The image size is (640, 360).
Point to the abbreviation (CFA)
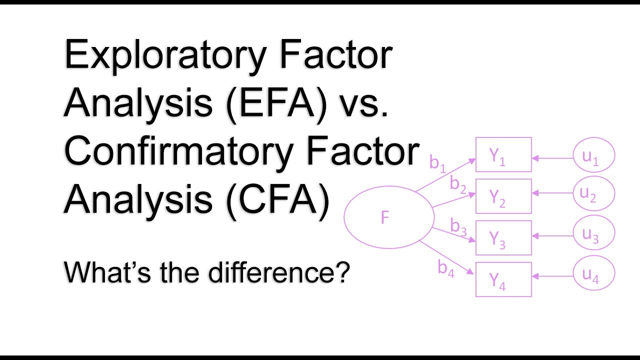point(277,198)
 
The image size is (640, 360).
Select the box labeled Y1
point(503,154)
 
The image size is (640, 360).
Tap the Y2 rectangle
point(503,196)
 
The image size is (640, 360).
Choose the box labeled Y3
point(503,238)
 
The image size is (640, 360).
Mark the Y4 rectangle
point(503,279)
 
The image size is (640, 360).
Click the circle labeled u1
point(593,156)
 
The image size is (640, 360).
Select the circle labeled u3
point(593,234)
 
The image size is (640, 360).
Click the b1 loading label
point(437,163)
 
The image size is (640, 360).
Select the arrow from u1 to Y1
point(552,158)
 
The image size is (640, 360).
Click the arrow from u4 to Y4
point(552,274)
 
